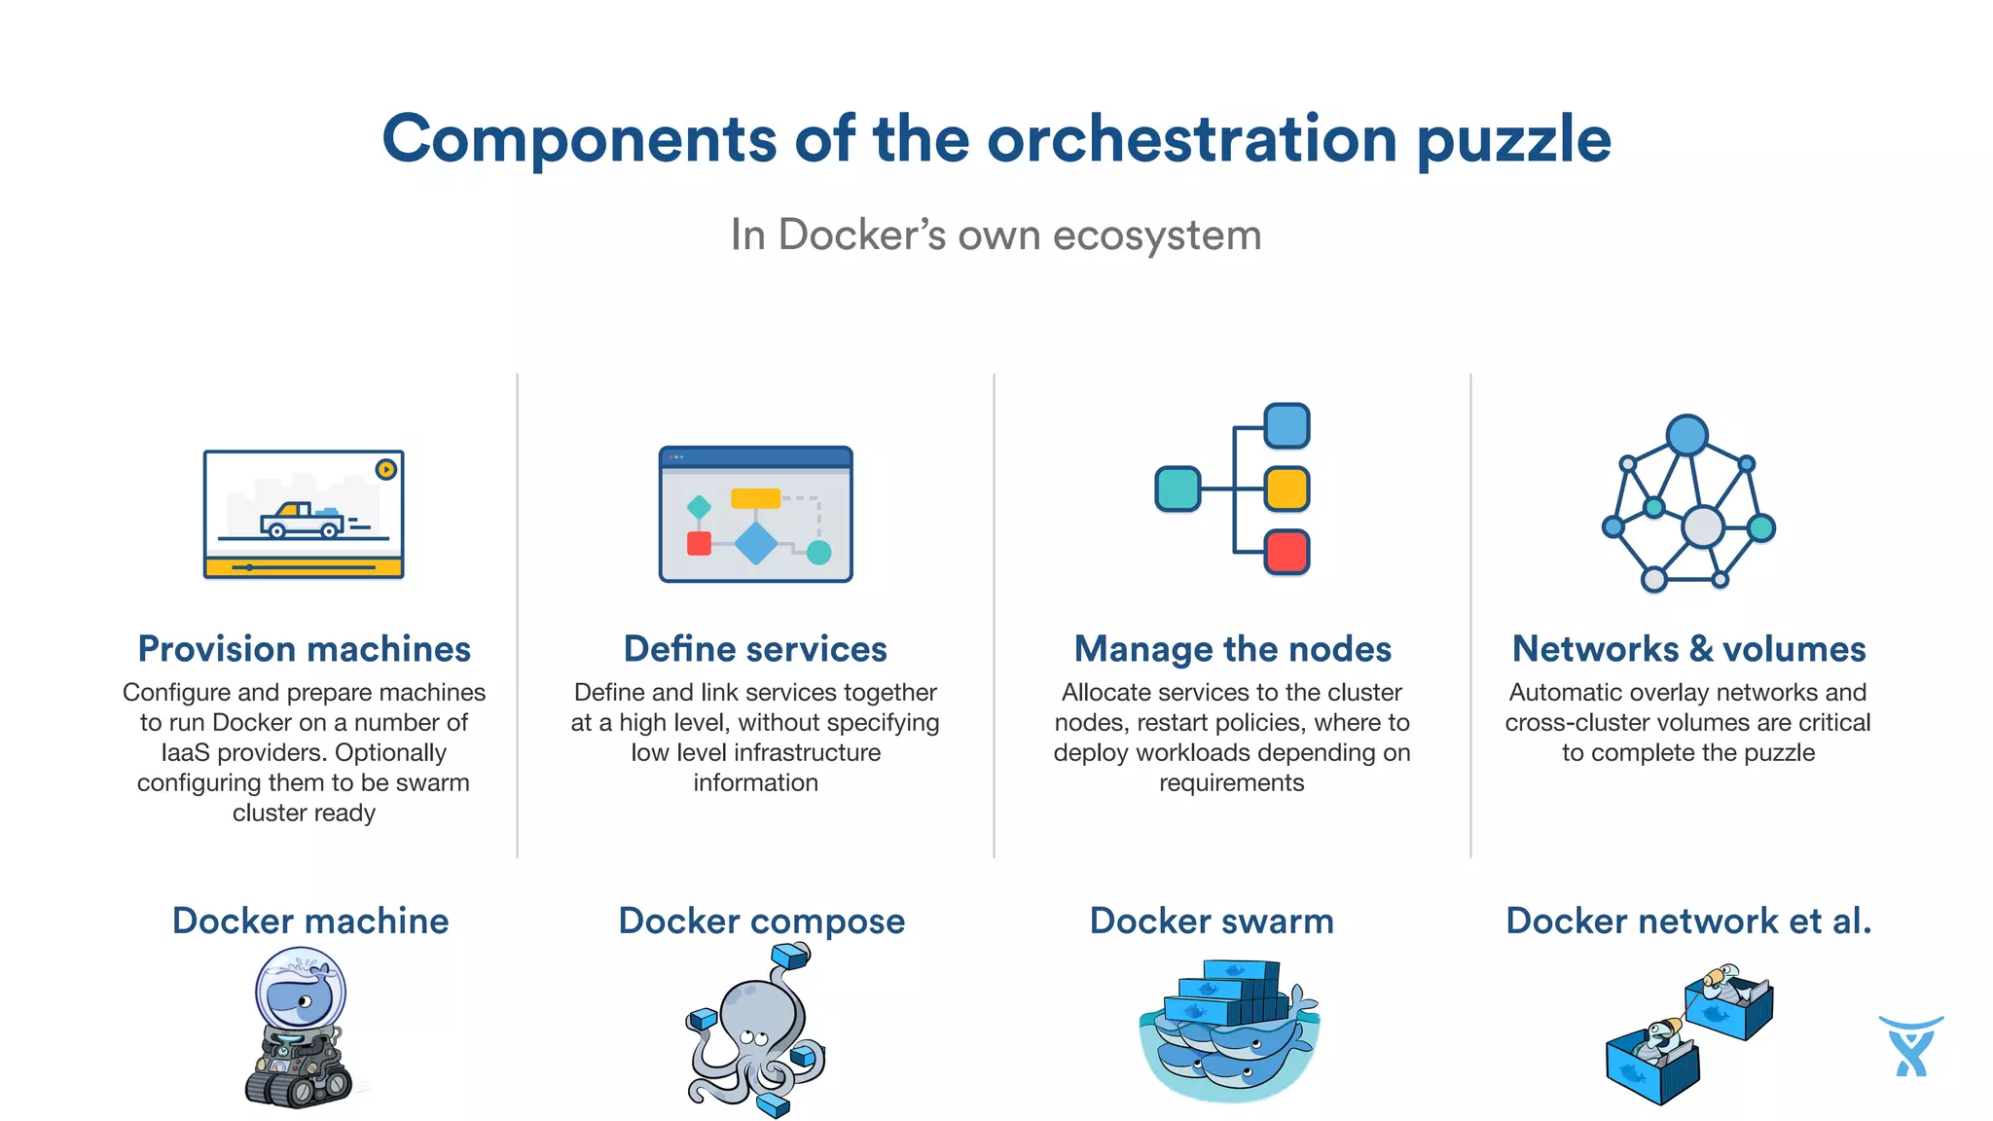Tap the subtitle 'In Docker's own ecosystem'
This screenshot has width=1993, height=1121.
pyautogui.click(x=996, y=235)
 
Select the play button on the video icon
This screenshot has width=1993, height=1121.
pyautogui.click(x=386, y=469)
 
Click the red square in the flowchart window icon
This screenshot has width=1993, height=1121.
pyautogui.click(x=699, y=543)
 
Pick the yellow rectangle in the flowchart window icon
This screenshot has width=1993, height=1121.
pyautogui.click(x=755, y=498)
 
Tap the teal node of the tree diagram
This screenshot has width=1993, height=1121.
pyautogui.click(x=1178, y=488)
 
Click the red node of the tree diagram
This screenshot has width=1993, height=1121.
pyautogui.click(x=1286, y=552)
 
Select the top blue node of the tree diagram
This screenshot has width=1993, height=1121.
pyautogui.click(x=1286, y=426)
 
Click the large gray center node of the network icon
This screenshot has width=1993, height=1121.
pyautogui.click(x=1703, y=527)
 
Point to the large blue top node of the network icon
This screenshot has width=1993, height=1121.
pyautogui.click(x=1686, y=435)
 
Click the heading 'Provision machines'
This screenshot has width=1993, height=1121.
pyautogui.click(x=304, y=649)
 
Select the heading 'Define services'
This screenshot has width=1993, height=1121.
pyautogui.click(x=755, y=649)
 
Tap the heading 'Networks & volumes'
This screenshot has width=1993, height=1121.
pyautogui.click(x=1688, y=649)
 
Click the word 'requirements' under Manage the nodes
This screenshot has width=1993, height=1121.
pyautogui.click(x=1231, y=783)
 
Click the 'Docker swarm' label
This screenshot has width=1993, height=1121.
pyautogui.click(x=1212, y=921)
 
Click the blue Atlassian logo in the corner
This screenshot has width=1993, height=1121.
pyautogui.click(x=1910, y=1046)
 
